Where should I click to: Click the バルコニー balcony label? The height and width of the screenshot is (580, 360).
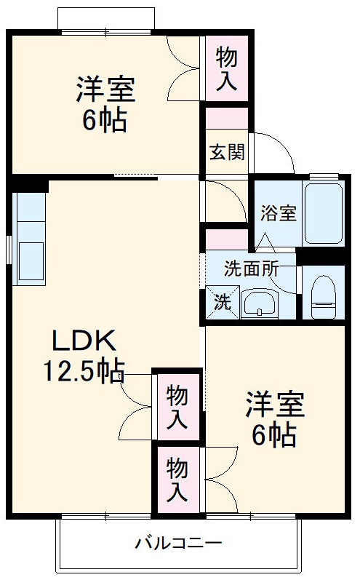coord(178,543)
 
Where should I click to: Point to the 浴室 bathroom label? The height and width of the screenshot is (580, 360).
coord(279,213)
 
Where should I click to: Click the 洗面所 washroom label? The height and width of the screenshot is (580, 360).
coord(251,268)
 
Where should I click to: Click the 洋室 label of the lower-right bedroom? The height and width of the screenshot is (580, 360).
coord(273,405)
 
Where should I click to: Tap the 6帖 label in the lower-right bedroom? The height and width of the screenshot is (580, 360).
coord(273,435)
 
